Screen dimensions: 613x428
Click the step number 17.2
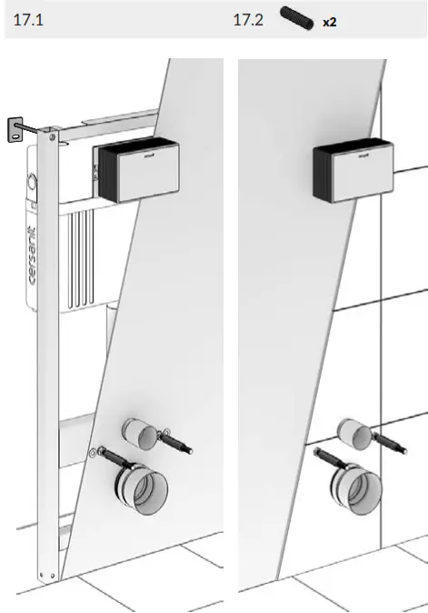[247, 19]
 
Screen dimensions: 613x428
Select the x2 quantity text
[329, 20]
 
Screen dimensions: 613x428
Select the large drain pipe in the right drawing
[349, 482]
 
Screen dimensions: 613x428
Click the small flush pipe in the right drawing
[352, 432]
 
